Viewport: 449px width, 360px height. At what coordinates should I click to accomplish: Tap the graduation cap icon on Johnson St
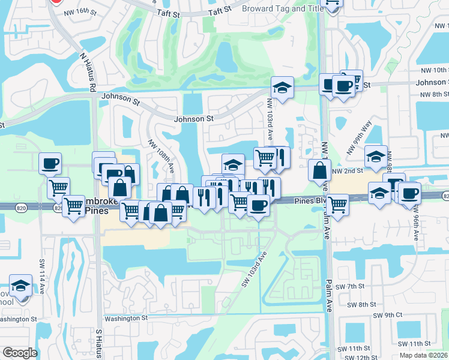point(282,88)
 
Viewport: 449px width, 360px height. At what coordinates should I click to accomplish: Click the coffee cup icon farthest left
point(50,163)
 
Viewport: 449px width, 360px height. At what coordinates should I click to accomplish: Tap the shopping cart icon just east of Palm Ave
point(338,205)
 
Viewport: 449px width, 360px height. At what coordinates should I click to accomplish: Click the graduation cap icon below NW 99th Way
point(376,157)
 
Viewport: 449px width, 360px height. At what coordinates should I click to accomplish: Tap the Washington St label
point(126,318)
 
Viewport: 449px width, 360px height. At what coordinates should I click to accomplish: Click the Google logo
point(19,353)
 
